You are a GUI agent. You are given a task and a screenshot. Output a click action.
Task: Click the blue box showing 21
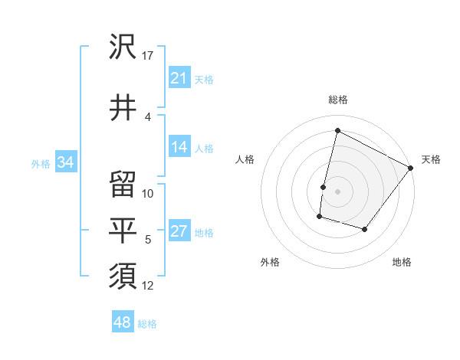click(x=179, y=78)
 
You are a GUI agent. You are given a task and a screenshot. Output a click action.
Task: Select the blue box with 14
click(x=179, y=148)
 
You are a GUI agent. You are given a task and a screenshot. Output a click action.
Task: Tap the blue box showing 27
click(x=179, y=232)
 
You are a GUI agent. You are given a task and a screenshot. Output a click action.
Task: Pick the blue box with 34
click(x=66, y=162)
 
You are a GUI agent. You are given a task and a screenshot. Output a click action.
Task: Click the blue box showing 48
click(x=123, y=322)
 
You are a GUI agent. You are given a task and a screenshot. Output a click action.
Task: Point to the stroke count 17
click(x=148, y=56)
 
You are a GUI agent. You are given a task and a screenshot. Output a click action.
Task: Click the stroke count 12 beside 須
click(x=148, y=286)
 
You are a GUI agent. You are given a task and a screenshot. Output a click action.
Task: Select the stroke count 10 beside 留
click(x=148, y=194)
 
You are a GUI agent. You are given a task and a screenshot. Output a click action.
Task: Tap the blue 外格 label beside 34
click(x=41, y=163)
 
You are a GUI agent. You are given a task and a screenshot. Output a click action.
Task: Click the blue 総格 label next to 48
click(x=147, y=324)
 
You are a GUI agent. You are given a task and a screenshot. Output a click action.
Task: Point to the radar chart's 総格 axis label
click(x=337, y=100)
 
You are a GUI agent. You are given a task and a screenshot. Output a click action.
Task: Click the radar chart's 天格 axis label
click(x=431, y=159)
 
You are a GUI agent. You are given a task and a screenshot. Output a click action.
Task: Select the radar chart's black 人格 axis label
click(x=245, y=159)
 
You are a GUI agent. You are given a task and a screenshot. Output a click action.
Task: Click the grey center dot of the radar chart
click(x=337, y=191)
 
